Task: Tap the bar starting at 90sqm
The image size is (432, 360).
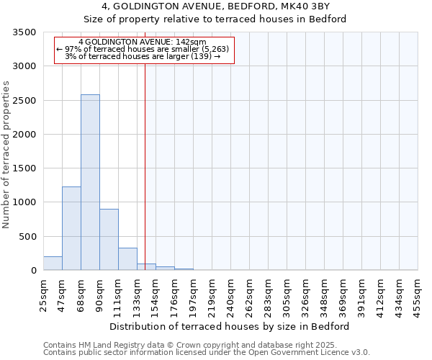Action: point(109,240)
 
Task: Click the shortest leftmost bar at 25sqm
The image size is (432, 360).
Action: point(53,264)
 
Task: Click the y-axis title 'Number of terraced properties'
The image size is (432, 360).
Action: point(7,154)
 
